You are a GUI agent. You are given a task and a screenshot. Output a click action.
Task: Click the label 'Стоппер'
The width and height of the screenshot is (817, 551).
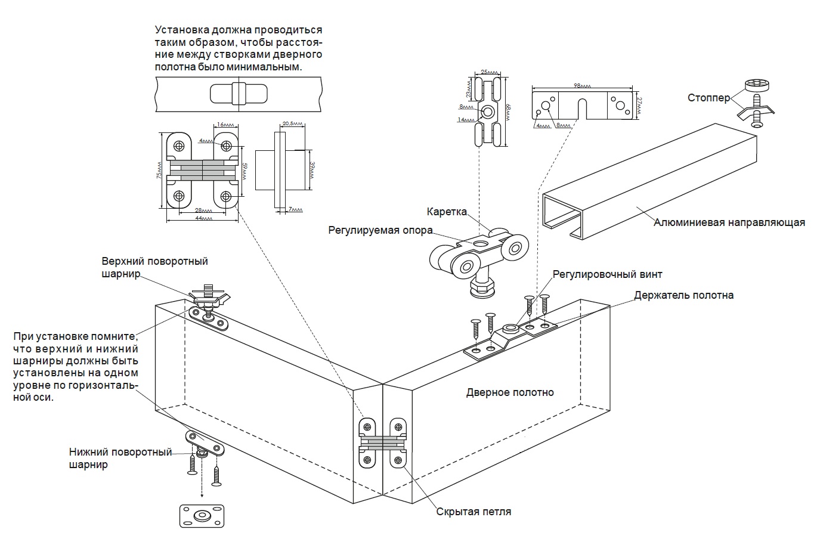click(708, 98)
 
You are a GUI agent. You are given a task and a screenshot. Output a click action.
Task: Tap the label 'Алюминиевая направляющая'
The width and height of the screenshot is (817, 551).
click(729, 223)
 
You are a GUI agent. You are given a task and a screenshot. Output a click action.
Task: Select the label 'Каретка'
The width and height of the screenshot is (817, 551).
click(447, 212)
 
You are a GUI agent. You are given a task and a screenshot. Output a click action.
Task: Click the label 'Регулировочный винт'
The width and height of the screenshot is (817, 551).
click(607, 275)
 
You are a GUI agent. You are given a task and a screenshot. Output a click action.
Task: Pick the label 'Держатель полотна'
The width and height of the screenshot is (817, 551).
click(684, 296)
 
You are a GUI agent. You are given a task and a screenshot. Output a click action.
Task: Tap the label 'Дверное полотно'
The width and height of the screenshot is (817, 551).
click(510, 392)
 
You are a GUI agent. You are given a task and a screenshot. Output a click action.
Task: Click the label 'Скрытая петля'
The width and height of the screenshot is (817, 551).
click(474, 512)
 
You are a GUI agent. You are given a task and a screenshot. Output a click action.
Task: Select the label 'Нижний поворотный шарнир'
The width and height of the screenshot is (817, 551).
click(120, 459)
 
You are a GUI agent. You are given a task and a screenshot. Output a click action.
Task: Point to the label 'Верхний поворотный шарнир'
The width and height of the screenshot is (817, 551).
click(154, 268)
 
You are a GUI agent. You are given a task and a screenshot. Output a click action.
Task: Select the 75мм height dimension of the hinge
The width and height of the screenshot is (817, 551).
click(159, 171)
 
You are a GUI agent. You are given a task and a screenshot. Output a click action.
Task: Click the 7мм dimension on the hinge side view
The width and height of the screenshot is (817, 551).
click(294, 209)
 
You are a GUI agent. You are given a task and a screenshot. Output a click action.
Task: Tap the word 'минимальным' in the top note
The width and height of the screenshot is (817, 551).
click(270, 67)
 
